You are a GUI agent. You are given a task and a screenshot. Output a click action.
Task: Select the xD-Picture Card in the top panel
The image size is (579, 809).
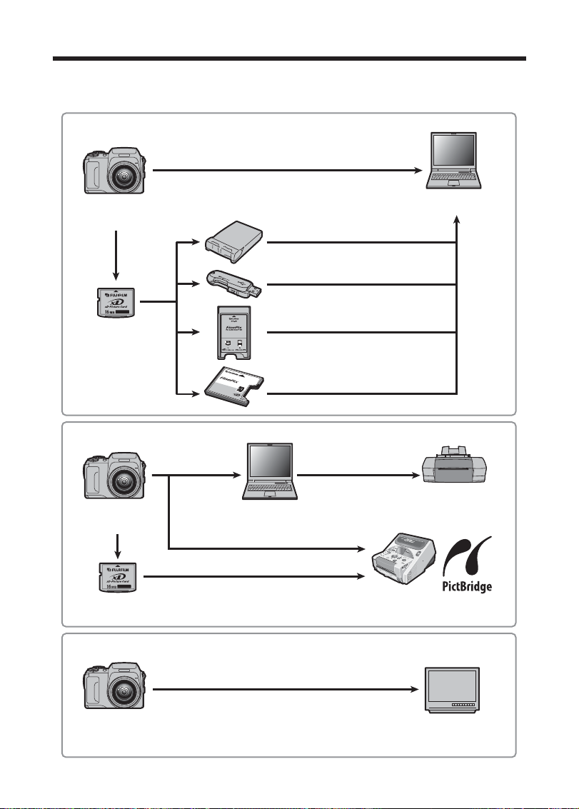[116, 303]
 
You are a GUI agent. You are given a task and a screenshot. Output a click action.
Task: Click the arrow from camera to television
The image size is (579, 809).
[286, 690]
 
